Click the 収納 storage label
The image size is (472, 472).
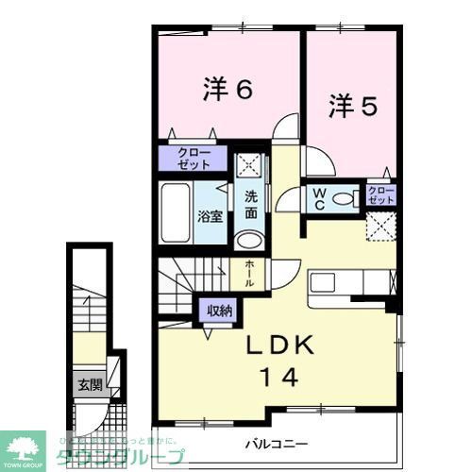220,311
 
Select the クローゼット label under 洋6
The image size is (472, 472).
193,157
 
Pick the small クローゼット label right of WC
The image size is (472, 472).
381,195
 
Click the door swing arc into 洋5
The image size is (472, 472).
319,160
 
